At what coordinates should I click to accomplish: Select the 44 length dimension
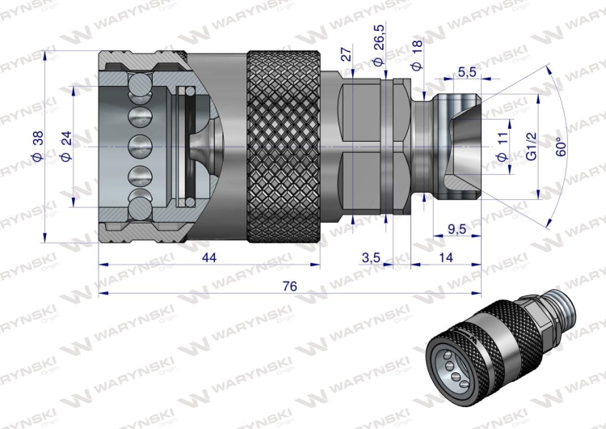point(209,257)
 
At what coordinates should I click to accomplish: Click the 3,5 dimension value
point(370,257)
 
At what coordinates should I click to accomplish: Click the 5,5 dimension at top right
point(466,71)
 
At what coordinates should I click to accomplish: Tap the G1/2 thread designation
point(532,147)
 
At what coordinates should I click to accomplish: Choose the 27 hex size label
point(347,54)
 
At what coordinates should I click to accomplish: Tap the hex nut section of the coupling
point(368,147)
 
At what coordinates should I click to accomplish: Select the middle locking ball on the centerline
point(140,147)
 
